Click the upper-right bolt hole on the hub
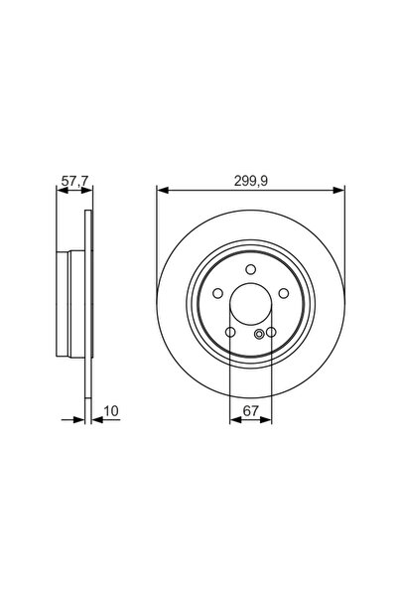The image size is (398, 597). [x=284, y=294]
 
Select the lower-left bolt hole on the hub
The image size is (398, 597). [x=230, y=332]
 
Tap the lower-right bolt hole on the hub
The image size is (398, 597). [x=270, y=332]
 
